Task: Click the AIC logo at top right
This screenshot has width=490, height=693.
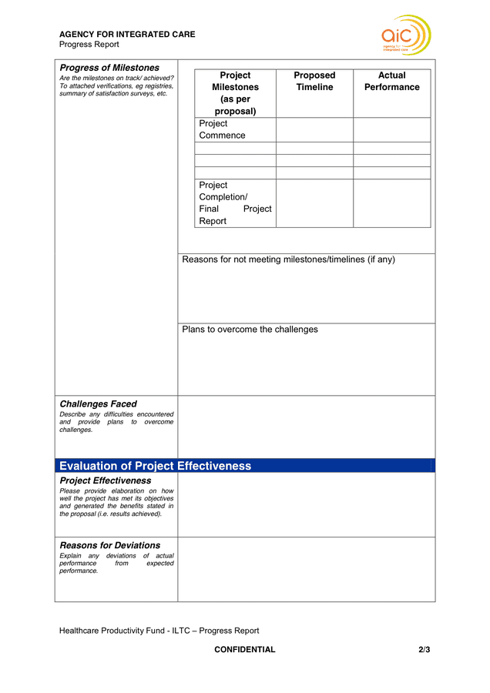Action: (x=405, y=35)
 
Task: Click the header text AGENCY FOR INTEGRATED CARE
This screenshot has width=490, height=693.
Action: (x=127, y=34)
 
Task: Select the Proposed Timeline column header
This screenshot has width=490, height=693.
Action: (x=314, y=82)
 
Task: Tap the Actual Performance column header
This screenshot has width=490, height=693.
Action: (x=391, y=82)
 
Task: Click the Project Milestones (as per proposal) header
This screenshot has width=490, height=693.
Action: (x=235, y=93)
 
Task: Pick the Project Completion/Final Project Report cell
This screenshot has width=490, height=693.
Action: (x=235, y=203)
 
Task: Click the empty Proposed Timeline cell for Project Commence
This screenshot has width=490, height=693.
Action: (x=314, y=129)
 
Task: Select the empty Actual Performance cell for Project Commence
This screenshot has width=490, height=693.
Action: (x=391, y=129)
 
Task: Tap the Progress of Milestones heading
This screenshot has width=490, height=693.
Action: (x=109, y=68)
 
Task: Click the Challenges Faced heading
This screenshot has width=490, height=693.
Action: (x=98, y=403)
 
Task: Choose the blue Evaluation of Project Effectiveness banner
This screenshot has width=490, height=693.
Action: (x=244, y=466)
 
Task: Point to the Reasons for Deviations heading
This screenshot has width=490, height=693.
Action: (x=109, y=545)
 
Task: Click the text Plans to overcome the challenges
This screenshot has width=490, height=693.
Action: (x=250, y=330)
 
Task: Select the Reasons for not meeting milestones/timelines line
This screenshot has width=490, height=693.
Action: (x=288, y=259)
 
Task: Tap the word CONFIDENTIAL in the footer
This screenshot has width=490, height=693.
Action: (x=244, y=650)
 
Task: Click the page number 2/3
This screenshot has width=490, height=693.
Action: (x=424, y=650)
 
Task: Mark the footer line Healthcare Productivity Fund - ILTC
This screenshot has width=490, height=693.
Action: (x=159, y=631)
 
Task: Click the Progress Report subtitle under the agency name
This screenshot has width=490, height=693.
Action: (x=89, y=45)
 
